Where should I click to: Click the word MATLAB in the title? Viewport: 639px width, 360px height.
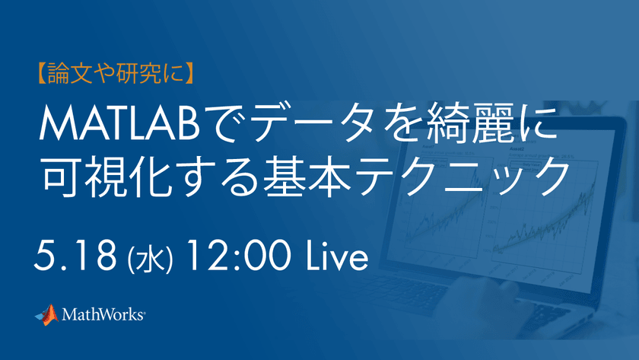pyautogui.click(x=119, y=123)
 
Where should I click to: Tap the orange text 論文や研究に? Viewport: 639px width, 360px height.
pyautogui.click(x=116, y=73)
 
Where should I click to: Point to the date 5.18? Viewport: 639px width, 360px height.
pyautogui.click(x=75, y=256)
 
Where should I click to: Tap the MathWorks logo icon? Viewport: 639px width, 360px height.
pyautogui.click(x=47, y=315)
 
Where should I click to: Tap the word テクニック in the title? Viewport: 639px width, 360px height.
pyautogui.click(x=464, y=176)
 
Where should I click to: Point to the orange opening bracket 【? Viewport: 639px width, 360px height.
pyautogui.click(x=42, y=73)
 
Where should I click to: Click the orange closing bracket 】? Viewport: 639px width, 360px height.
pyautogui.click(x=189, y=73)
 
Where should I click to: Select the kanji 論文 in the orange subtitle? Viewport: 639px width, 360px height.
pyautogui.click(x=70, y=73)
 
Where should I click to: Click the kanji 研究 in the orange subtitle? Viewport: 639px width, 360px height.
pyautogui.click(x=138, y=73)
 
